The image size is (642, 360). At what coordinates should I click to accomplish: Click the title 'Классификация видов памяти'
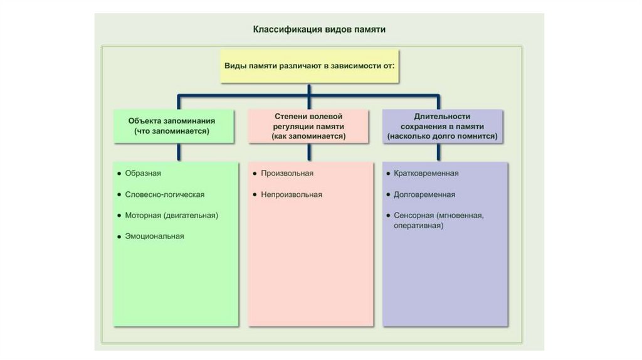click(x=319, y=29)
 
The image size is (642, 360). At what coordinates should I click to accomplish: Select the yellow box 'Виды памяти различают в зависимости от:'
click(x=310, y=66)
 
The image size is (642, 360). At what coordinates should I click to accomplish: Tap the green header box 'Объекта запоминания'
click(x=174, y=126)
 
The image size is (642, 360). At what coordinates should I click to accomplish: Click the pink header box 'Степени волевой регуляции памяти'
click(x=308, y=126)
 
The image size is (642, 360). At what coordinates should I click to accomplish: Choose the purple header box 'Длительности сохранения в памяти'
click(x=443, y=126)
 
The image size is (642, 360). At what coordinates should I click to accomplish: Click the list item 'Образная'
click(x=143, y=173)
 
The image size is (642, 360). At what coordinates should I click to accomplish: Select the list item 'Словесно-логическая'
click(x=165, y=194)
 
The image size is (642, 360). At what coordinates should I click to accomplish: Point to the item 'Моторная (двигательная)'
click(x=172, y=215)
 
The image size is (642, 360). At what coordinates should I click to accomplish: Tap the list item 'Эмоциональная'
click(x=154, y=236)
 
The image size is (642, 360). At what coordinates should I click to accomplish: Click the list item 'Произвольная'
click(x=287, y=173)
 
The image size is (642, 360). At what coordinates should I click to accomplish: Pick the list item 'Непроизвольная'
click(x=292, y=194)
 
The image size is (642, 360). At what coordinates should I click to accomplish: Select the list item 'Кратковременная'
click(x=426, y=173)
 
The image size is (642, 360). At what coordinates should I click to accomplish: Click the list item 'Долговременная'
click(x=424, y=194)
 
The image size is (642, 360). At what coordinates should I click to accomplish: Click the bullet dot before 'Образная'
click(x=119, y=174)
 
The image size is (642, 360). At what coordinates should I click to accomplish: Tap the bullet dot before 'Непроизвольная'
click(x=255, y=194)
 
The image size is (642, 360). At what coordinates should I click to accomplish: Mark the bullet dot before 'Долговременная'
click(x=388, y=194)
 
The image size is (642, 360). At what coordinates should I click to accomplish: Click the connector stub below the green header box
click(x=179, y=152)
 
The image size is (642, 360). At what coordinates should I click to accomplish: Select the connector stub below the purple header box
click(x=438, y=152)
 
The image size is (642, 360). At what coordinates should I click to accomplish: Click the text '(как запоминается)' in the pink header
click(x=308, y=136)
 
